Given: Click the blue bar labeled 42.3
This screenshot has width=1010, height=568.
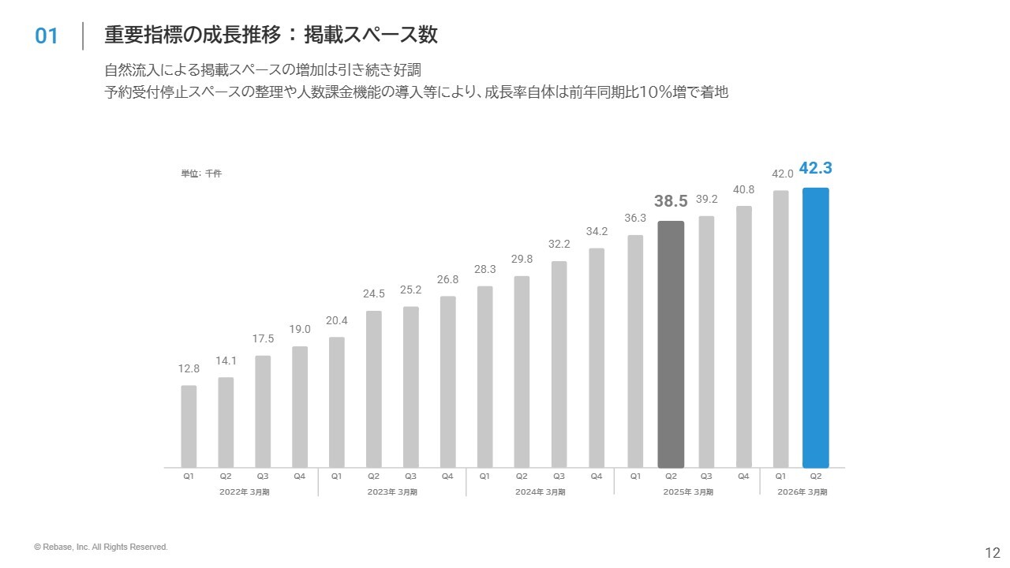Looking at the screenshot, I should [x=815, y=327].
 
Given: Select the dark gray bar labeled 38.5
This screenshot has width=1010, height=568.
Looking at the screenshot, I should [x=671, y=344].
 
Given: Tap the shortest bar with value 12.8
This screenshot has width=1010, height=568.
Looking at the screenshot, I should [x=189, y=426].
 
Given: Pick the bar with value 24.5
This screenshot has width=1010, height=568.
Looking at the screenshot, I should [x=374, y=389].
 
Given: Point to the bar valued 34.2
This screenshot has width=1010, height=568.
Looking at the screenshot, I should [x=597, y=357].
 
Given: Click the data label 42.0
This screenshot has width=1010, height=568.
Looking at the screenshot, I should [x=782, y=174].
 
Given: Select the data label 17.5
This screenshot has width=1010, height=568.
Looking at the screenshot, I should [x=263, y=338].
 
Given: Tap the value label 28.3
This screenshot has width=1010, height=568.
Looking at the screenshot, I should [x=484, y=269].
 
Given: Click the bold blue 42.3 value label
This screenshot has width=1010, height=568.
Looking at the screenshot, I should [x=815, y=168].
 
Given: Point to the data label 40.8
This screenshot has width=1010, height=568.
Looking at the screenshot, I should [x=744, y=189].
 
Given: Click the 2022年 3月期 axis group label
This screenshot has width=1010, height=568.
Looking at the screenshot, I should [x=244, y=492].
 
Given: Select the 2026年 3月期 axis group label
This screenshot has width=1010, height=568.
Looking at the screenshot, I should [x=802, y=492].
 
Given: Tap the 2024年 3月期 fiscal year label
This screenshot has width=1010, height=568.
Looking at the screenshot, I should [x=540, y=492].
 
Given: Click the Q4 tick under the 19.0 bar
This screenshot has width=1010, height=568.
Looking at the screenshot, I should [x=300, y=476].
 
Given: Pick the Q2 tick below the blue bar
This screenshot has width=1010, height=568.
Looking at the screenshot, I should [x=816, y=476].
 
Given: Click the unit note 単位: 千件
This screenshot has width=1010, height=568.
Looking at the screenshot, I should [x=201, y=174].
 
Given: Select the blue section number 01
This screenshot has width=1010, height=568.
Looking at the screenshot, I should [x=47, y=36].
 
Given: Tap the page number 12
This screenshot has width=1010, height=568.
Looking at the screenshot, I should [x=992, y=551].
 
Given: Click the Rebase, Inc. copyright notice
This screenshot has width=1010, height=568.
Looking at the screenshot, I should [x=101, y=547].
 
